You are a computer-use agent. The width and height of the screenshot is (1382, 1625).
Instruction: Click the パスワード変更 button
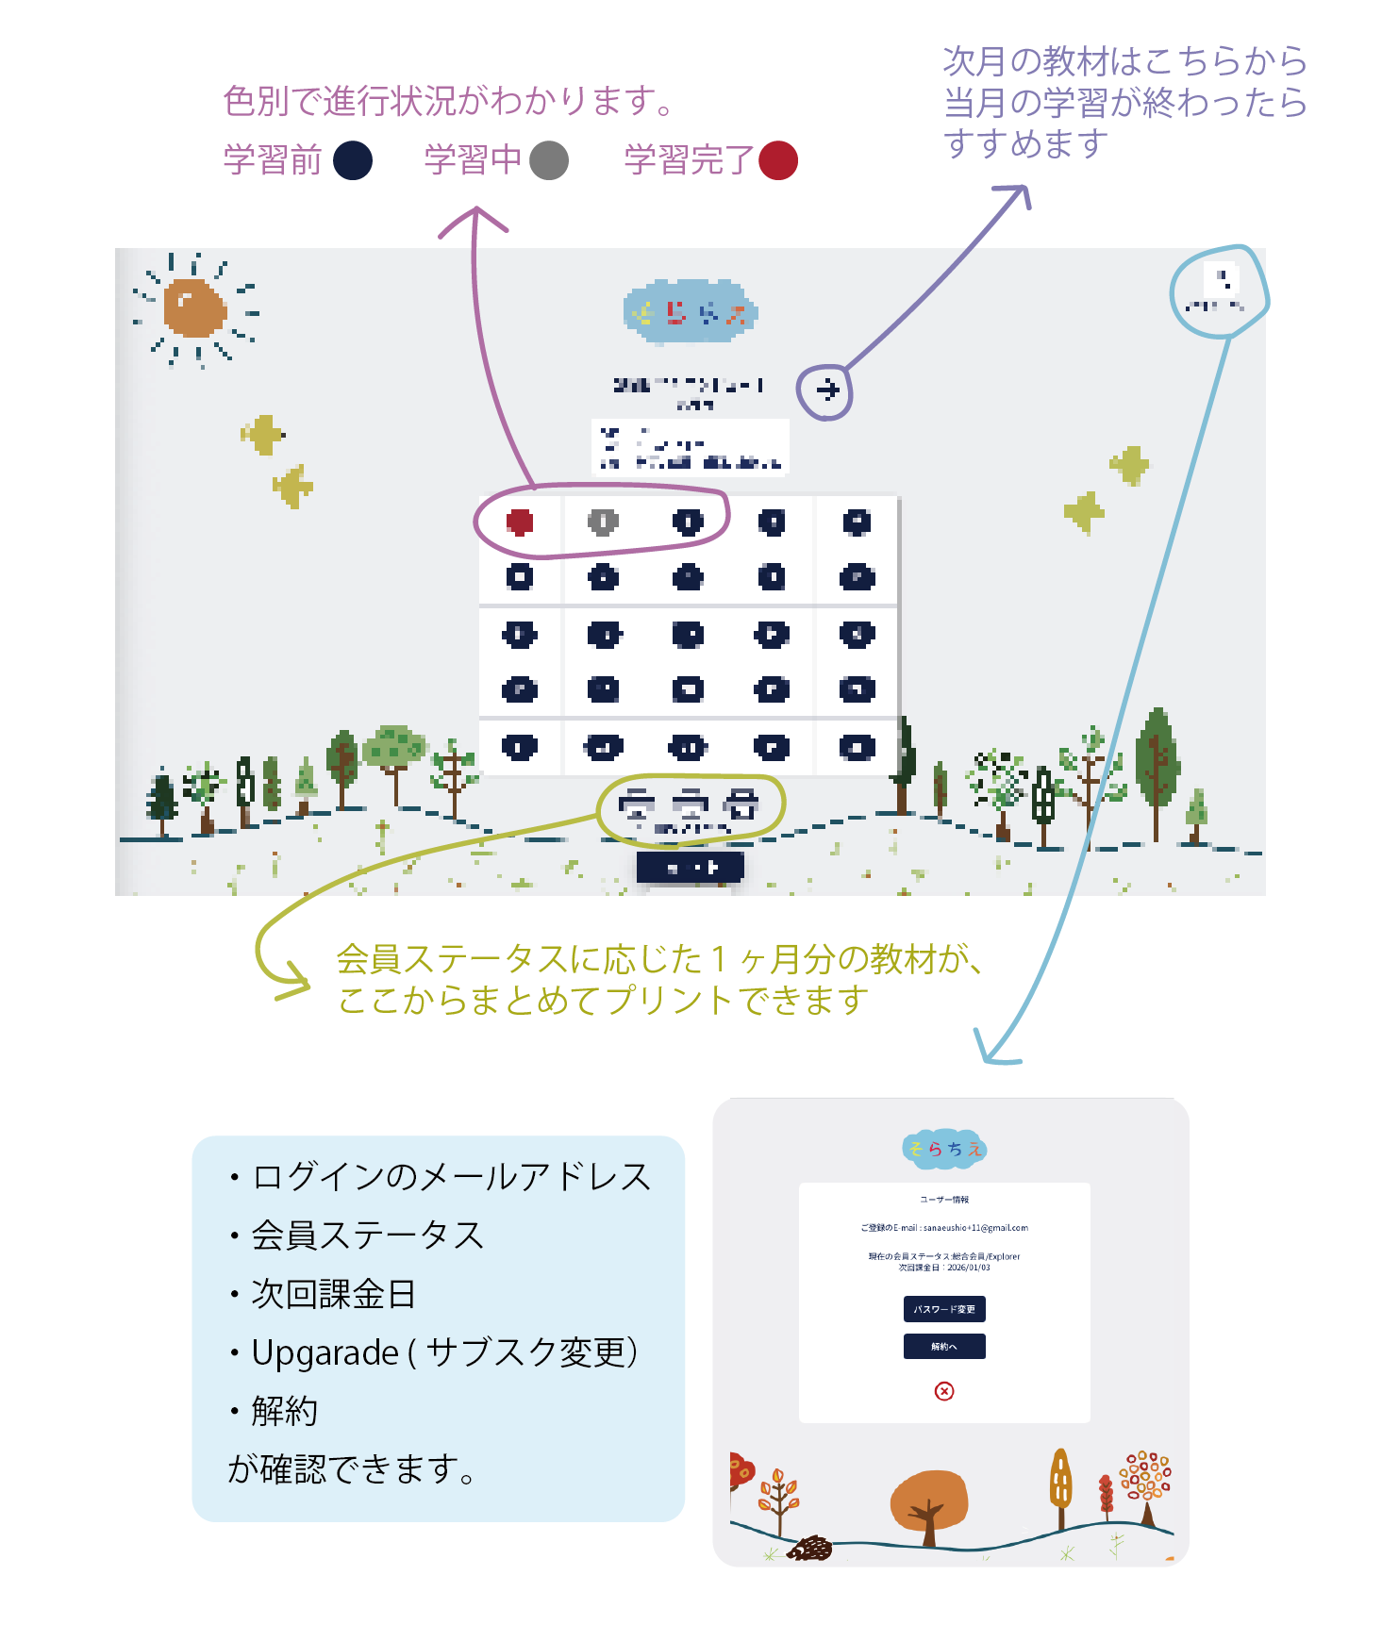point(944,1309)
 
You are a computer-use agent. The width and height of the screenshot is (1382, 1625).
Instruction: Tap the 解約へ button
point(944,1347)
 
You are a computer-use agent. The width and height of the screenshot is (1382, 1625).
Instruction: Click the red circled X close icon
point(944,1391)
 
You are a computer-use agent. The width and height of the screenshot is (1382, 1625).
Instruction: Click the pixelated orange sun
point(194,307)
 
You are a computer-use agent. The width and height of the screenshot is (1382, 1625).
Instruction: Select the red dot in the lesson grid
point(520,522)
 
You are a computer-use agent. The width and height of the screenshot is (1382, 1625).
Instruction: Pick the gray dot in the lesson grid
point(603,522)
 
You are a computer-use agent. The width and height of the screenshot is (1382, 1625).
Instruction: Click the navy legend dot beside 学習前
point(353,160)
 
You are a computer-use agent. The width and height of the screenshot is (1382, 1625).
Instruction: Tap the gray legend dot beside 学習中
point(549,160)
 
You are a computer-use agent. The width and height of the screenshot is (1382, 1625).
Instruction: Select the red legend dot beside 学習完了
point(778,160)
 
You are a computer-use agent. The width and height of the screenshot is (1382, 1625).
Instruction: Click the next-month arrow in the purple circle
point(827,390)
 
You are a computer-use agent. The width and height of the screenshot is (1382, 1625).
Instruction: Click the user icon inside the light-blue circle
point(1223,279)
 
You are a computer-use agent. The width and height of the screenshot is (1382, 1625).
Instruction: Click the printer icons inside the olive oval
point(690,804)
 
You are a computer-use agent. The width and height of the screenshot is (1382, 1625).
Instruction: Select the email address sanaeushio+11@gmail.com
point(975,1228)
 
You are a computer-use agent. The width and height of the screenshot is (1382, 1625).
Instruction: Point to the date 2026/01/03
point(969,1268)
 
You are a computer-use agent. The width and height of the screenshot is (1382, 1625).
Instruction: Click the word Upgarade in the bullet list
point(325,1352)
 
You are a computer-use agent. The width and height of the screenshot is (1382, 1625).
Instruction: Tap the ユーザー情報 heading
point(944,1200)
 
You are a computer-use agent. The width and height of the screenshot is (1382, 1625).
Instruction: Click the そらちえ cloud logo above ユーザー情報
point(944,1149)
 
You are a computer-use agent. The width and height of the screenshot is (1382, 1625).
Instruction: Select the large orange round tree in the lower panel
point(929,1500)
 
